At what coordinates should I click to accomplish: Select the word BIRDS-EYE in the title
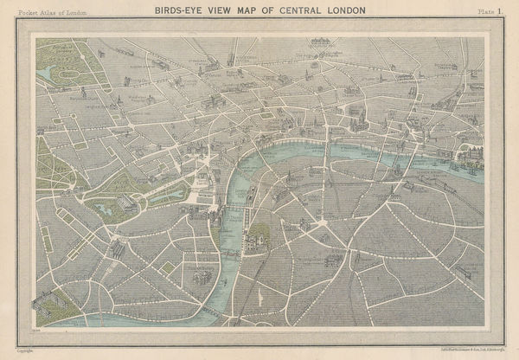178,10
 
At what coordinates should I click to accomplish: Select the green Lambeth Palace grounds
258,238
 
